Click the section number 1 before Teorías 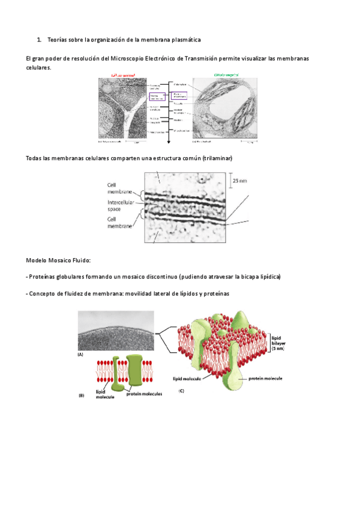click(38, 40)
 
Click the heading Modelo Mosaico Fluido click(58, 261)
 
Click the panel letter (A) click(81, 355)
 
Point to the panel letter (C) click(181, 391)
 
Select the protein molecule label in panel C click(265, 379)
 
